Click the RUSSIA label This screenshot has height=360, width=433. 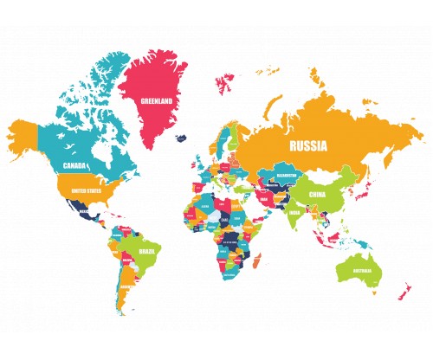point(309,146)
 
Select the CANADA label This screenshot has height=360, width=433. point(73,165)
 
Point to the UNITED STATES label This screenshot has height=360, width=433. point(85,190)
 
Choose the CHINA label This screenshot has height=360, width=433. point(324,196)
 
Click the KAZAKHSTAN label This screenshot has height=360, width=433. point(287,176)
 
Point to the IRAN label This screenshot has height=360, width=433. point(264,199)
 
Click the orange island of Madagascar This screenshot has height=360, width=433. point(256,261)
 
